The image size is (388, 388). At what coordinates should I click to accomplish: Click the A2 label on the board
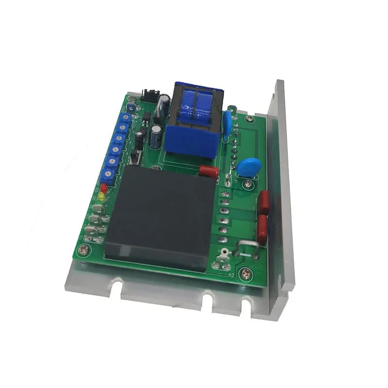231,275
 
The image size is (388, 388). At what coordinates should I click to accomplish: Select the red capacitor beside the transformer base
209,171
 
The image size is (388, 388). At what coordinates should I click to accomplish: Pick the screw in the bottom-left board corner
85,250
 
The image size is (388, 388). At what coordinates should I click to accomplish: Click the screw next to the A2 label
248,274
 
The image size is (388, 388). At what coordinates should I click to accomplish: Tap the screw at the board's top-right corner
250,118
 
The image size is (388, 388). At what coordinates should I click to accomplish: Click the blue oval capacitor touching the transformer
227,124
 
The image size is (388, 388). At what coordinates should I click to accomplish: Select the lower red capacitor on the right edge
262,229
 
